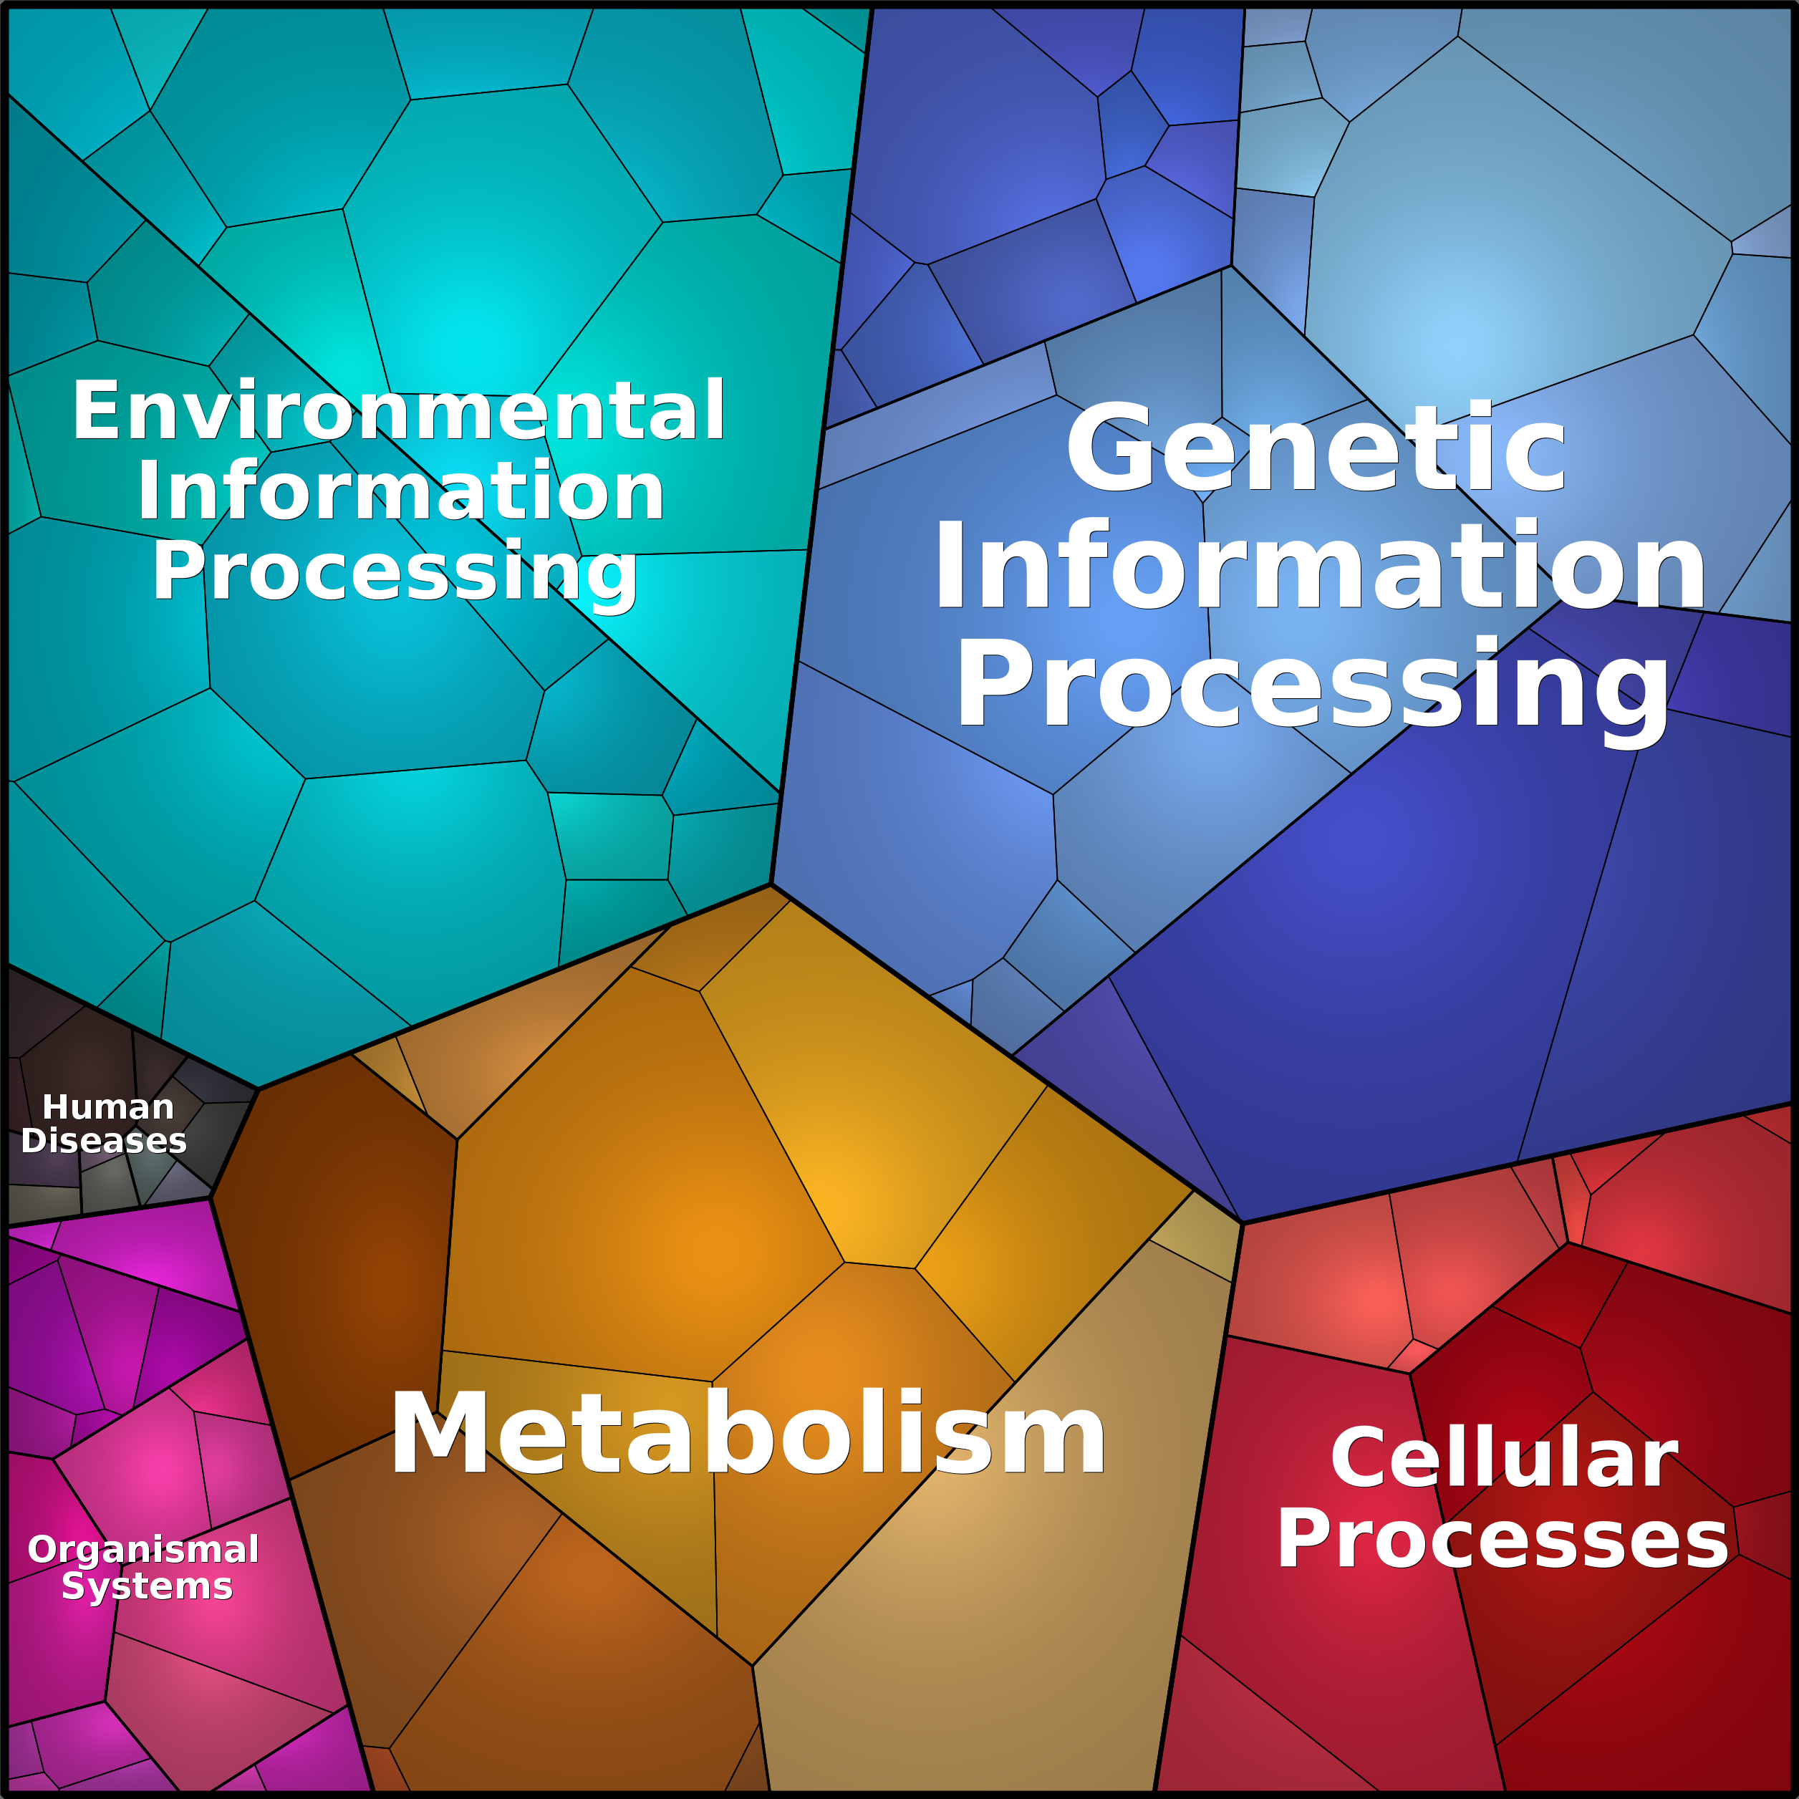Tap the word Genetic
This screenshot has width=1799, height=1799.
1316,449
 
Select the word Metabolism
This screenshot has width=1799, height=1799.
748,1434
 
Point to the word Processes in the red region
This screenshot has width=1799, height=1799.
1502,1540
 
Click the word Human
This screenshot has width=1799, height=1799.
108,1108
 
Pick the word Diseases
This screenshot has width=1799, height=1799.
105,1142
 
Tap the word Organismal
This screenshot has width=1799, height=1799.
143,1550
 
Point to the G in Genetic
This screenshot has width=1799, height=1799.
1108,449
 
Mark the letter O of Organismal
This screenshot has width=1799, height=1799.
42,1550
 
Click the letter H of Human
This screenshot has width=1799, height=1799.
56,1108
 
